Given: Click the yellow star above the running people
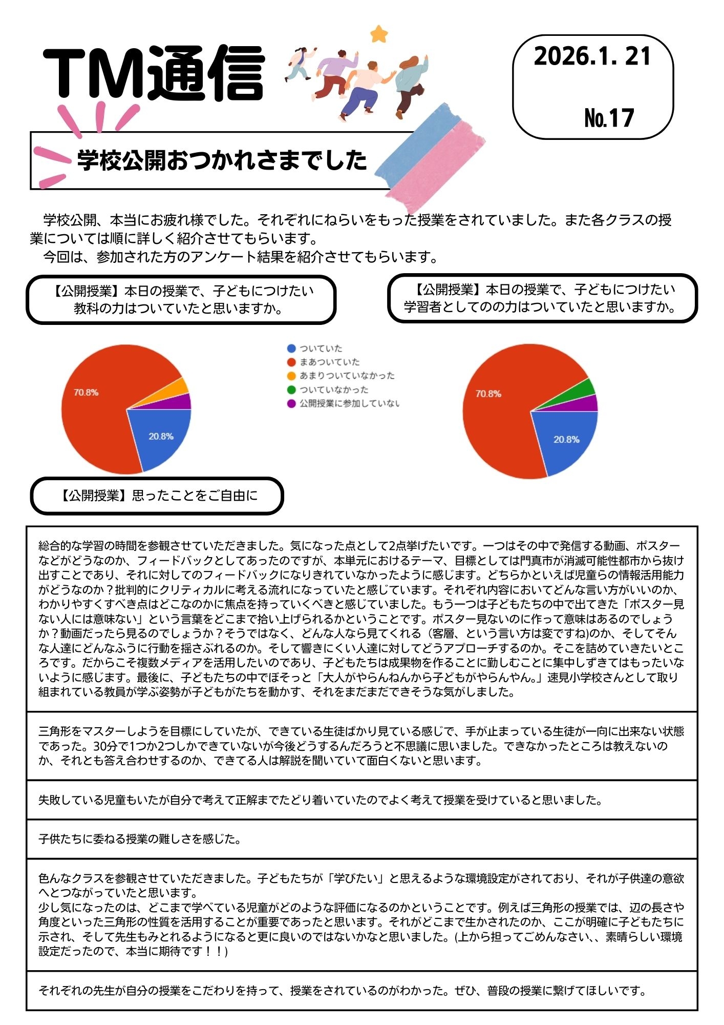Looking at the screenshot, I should pos(379,34).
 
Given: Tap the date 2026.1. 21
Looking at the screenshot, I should pos(592,56).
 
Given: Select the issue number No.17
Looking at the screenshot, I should pos(609,118).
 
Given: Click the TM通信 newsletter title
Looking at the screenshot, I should pos(154,73).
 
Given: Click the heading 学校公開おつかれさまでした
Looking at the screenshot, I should pos(222,160).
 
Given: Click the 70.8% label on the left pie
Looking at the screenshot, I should pos(86,393).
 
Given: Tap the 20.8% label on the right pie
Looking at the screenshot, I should pos(566,440).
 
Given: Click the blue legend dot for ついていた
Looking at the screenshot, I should pos(291,348).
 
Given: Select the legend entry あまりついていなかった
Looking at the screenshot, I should pos(347,376).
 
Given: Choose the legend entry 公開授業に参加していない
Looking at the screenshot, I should pos(349,403).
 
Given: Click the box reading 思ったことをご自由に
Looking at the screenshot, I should pos(157,496).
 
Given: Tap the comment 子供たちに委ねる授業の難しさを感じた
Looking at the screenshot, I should pos(140,839).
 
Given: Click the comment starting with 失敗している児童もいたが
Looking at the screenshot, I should pos(320,800).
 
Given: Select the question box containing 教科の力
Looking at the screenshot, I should pos(181,300).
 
